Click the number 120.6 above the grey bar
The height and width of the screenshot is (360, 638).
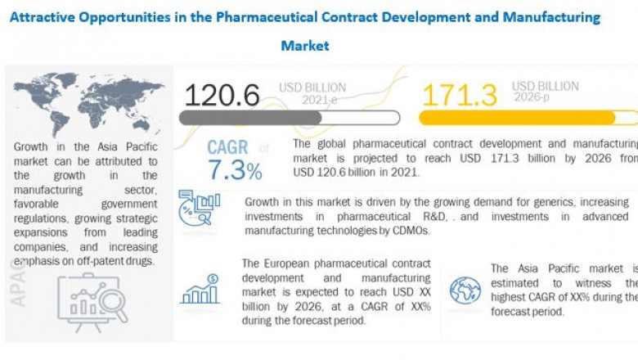pos(222,94)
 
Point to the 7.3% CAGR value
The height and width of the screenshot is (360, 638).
pos(235,171)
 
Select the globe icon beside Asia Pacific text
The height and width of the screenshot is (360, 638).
pos(465,290)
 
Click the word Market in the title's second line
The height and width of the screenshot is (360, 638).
pos(305,46)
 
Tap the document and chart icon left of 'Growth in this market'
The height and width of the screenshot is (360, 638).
pos(199,209)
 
